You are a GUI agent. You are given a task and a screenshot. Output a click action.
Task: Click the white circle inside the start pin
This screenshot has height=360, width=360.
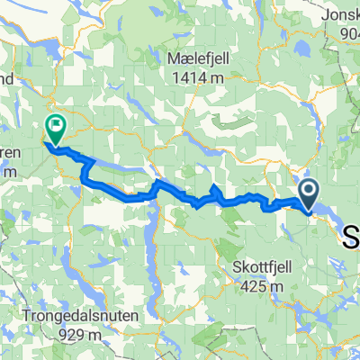click(x=308, y=191)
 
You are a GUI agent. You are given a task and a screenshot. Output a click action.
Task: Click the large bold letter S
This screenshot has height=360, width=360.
click(x=352, y=237)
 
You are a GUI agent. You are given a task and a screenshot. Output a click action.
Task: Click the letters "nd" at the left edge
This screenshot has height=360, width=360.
click(x=5, y=78)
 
